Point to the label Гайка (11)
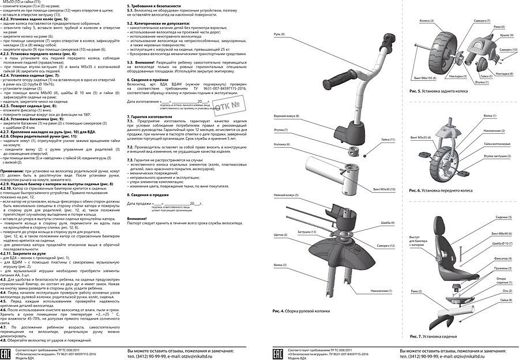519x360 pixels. [389, 140]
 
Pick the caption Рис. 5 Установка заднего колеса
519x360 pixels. [441, 91]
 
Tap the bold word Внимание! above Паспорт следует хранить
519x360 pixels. [137, 219]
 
